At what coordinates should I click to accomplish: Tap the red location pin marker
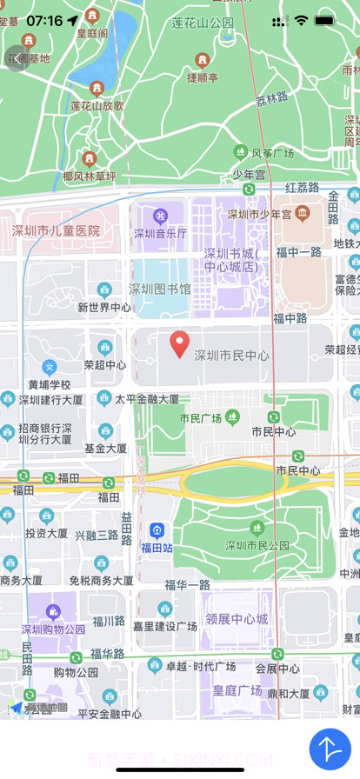(x=179, y=343)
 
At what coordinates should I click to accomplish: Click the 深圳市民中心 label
(x=230, y=356)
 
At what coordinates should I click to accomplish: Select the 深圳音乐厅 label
(x=160, y=233)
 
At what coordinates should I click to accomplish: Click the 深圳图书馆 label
(x=160, y=289)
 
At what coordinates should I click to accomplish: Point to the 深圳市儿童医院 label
(x=56, y=231)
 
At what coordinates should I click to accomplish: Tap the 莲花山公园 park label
(x=203, y=23)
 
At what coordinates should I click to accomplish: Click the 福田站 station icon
(x=157, y=529)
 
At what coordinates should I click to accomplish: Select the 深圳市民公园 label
(x=257, y=546)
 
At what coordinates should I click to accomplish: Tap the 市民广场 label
(x=200, y=418)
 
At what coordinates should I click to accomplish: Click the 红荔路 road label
(x=303, y=187)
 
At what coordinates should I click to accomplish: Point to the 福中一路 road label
(x=299, y=252)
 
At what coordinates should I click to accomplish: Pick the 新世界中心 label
(x=104, y=307)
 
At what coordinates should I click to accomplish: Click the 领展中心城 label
(x=237, y=619)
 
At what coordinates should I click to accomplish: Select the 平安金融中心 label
(x=110, y=714)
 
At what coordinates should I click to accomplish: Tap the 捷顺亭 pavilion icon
(x=203, y=60)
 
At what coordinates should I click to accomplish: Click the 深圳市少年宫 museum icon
(x=302, y=213)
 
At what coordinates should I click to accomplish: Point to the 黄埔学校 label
(x=50, y=384)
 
